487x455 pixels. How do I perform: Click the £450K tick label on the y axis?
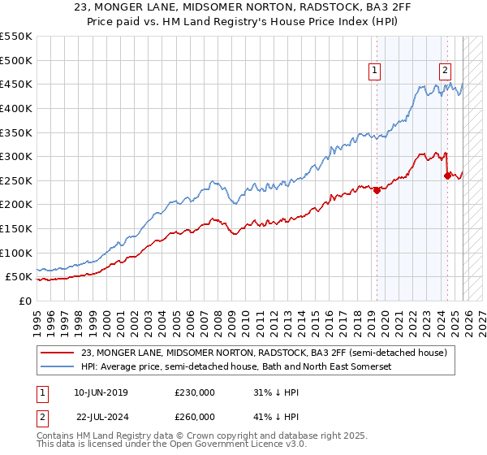tap(16, 84)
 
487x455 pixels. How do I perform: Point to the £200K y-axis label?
tap(16, 204)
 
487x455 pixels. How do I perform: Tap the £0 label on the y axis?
tap(24, 301)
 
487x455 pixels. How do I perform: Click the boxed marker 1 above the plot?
tap(375, 71)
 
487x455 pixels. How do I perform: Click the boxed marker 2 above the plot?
tap(446, 71)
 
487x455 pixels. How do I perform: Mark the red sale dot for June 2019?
tap(377, 190)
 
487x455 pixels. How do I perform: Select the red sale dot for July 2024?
tap(448, 175)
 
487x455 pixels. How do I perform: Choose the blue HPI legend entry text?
tap(236, 367)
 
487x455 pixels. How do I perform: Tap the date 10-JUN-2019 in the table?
tap(101, 392)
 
